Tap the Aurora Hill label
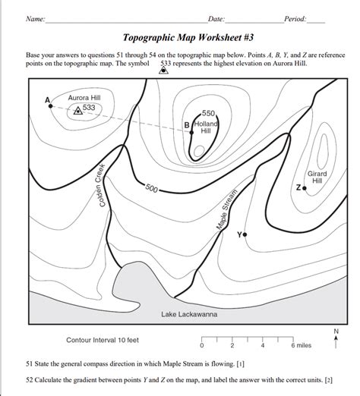tap(84, 98)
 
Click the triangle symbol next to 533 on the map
tap(77, 109)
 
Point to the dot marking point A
tap(51, 105)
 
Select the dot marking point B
tap(192, 131)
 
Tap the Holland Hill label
tap(206, 127)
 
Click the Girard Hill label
tap(317, 178)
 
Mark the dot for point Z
tap(305, 187)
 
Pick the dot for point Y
tap(245, 235)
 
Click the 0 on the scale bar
tap(201, 345)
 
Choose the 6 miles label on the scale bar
tap(300, 345)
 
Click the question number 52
tap(30, 379)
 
